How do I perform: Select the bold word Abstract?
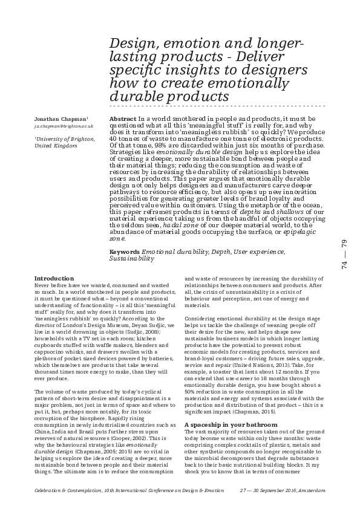tap(123, 119)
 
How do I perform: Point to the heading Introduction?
tap(54, 278)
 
